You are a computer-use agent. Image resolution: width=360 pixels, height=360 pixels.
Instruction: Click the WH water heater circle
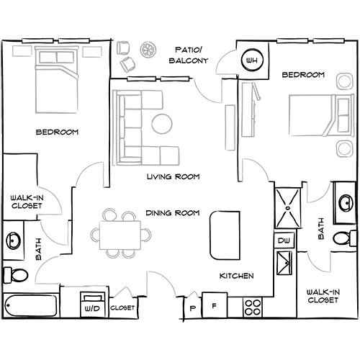click(x=252, y=60)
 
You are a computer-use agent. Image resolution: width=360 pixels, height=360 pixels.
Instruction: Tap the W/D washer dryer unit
click(x=92, y=305)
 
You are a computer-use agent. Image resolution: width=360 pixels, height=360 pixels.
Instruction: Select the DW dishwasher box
click(x=284, y=240)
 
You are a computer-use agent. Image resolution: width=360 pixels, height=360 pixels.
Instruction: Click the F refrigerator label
click(x=215, y=306)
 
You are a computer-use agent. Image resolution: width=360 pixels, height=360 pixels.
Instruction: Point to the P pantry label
click(x=192, y=308)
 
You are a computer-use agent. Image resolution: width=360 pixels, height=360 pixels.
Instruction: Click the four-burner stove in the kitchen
click(x=253, y=307)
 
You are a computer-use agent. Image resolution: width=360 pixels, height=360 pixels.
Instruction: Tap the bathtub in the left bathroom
click(x=31, y=305)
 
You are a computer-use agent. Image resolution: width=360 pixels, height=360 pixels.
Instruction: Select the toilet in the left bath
click(x=16, y=274)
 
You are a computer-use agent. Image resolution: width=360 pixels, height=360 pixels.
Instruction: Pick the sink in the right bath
click(x=346, y=203)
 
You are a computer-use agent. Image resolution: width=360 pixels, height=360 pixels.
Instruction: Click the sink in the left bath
click(x=14, y=240)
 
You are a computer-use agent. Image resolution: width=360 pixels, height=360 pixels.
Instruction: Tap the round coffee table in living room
click(x=162, y=124)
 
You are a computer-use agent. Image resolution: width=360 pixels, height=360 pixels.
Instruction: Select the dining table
click(x=120, y=235)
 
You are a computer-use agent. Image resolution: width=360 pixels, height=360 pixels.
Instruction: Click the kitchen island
click(x=225, y=235)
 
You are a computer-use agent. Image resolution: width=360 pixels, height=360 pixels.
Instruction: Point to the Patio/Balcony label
click(x=189, y=55)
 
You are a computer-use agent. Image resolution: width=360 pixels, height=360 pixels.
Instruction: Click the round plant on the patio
click(x=148, y=50)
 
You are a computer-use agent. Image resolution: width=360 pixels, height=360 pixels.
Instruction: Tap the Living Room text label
click(x=173, y=177)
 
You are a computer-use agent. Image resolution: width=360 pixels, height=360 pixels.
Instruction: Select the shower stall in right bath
click(x=287, y=208)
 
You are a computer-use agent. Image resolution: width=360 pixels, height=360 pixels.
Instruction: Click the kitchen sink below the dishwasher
click(x=284, y=263)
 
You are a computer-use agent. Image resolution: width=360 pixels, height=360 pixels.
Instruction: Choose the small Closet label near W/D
click(x=122, y=307)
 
